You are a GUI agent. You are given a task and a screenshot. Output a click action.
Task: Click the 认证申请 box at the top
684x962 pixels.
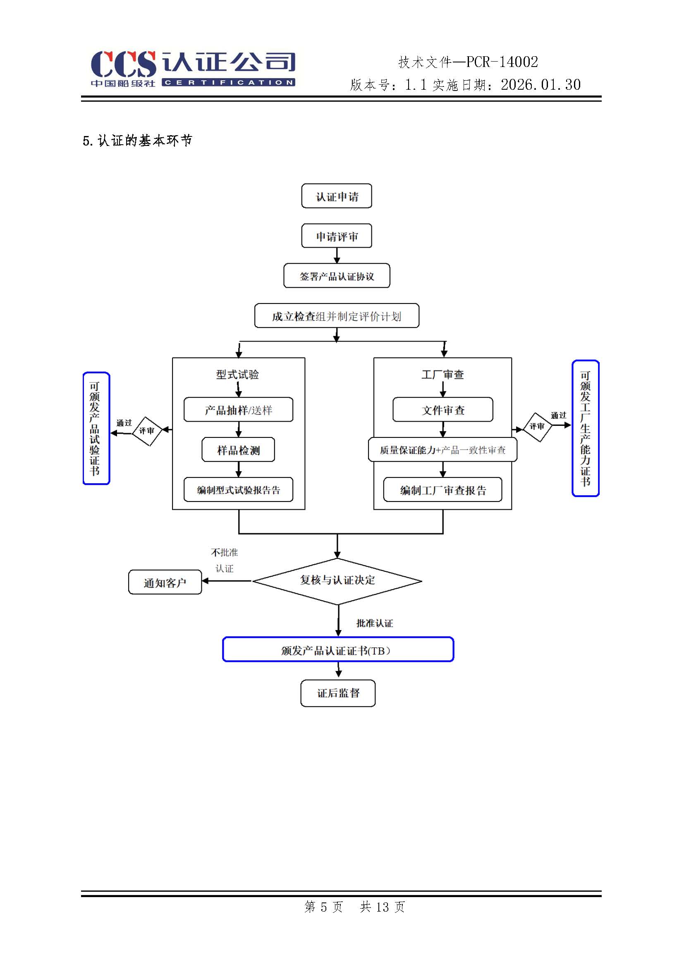pyautogui.click(x=337, y=196)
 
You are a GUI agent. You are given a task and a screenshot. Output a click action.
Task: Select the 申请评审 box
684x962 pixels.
pyautogui.click(x=337, y=236)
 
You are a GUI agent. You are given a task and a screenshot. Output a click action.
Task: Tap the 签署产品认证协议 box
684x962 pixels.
pyautogui.click(x=337, y=276)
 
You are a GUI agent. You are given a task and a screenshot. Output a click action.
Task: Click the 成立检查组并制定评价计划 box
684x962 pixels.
pyautogui.click(x=337, y=316)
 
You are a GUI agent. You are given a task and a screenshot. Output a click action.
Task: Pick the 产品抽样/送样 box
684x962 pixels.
pyautogui.click(x=238, y=410)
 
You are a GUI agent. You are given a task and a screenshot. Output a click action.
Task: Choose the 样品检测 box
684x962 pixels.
pyautogui.click(x=238, y=450)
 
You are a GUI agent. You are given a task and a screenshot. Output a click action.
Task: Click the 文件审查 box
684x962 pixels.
pyautogui.click(x=442, y=410)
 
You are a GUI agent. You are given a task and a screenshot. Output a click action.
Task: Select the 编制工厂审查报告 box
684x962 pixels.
pyautogui.click(x=442, y=490)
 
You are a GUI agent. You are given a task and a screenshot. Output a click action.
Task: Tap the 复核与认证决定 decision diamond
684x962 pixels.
pyautogui.click(x=337, y=581)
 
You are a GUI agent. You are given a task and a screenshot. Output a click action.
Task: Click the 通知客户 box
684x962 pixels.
pyautogui.click(x=165, y=582)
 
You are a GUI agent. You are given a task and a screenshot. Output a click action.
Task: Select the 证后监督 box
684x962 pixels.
pyautogui.click(x=338, y=693)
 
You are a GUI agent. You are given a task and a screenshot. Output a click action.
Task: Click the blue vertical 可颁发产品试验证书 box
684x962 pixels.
pyautogui.click(x=96, y=429)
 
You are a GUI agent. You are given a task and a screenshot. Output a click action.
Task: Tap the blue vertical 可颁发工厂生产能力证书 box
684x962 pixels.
pyautogui.click(x=585, y=429)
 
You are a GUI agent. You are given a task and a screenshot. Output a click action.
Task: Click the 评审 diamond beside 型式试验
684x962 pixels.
pyautogui.click(x=147, y=431)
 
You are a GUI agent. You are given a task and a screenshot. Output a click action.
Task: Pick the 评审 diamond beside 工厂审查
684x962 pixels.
pyautogui.click(x=537, y=427)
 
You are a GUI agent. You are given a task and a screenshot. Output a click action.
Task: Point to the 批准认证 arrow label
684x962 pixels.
pyautogui.click(x=374, y=623)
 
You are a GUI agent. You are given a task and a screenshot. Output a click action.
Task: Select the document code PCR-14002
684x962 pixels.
pyautogui.click(x=502, y=62)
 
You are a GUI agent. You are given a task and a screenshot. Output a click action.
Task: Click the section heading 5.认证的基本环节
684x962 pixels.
pyautogui.click(x=137, y=141)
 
